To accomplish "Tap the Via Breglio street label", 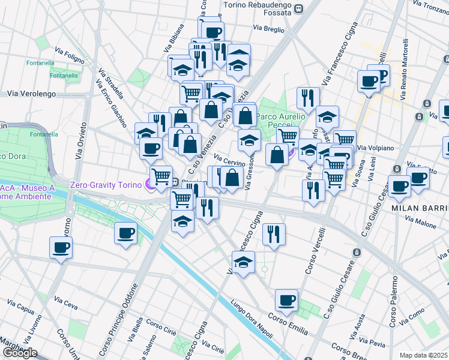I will click(x=268, y=28).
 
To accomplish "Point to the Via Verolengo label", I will click(x=31, y=94).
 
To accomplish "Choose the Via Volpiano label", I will click(x=376, y=148).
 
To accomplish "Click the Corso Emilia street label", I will click(x=288, y=323).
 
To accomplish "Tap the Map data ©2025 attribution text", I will click(x=423, y=355).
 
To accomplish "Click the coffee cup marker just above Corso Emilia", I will click(x=286, y=300).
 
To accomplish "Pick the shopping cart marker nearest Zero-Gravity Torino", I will click(x=161, y=176).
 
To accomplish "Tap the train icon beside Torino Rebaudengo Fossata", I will click(x=299, y=8).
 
